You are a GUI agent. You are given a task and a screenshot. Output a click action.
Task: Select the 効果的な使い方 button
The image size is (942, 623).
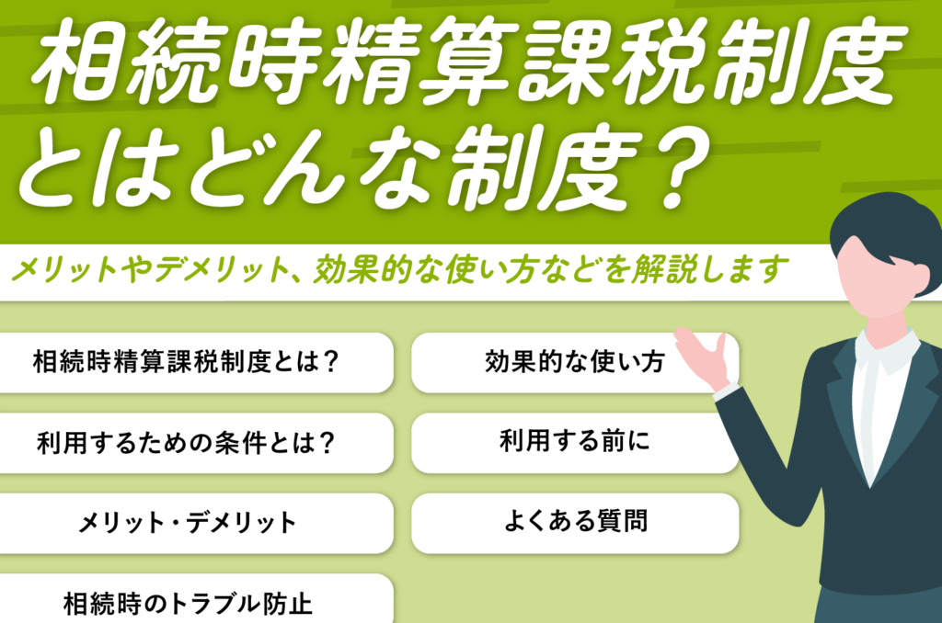click(x=574, y=363)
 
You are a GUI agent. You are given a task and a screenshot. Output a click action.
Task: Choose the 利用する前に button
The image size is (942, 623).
click(x=574, y=443)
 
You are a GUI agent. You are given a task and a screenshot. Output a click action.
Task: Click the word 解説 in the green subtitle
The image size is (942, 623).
click(x=664, y=269)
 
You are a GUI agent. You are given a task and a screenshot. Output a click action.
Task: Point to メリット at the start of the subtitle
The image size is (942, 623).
click(x=65, y=269)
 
